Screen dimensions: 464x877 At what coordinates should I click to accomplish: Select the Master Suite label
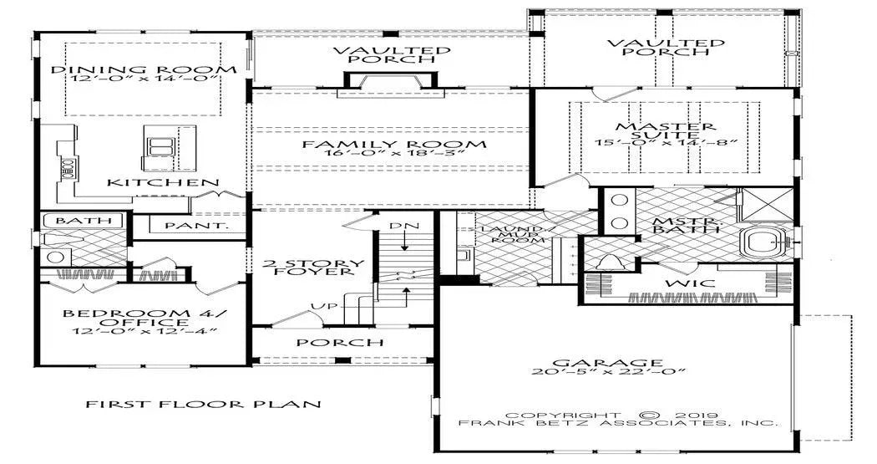666,132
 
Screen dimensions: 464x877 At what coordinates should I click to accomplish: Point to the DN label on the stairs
404,227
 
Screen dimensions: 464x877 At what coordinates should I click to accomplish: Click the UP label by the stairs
328,306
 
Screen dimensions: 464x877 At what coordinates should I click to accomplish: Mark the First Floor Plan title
204,405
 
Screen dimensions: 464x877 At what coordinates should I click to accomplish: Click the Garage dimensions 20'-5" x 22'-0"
609,373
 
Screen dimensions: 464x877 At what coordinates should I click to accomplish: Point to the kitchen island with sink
159,148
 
